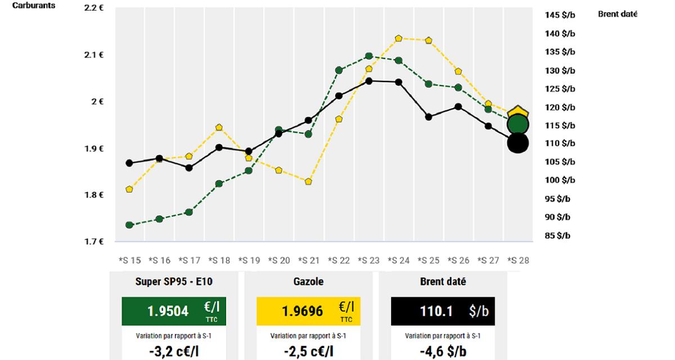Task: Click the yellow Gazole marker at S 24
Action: point(399,38)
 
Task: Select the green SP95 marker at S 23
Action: point(369,56)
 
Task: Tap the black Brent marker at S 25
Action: point(429,117)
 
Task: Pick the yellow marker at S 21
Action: point(309,182)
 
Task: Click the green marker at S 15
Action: point(129,225)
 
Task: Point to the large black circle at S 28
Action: point(518,143)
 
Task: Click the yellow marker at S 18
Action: point(219,127)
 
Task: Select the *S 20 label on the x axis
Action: point(279,260)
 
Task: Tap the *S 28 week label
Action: point(518,260)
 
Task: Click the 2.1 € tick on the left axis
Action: point(94,55)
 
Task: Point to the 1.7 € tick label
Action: point(94,242)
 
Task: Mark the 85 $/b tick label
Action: point(558,236)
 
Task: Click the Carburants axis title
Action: point(34,6)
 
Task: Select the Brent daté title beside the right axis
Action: point(617,14)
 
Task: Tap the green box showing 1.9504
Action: point(174,311)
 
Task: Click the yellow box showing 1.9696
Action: point(308,311)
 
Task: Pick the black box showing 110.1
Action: point(443,311)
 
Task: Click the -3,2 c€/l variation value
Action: point(174,352)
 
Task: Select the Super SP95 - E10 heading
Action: point(174,282)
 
